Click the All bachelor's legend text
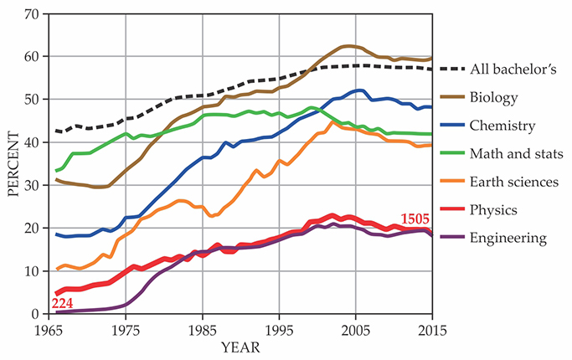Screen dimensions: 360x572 point(523,69)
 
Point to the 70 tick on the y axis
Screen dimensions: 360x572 point(32,15)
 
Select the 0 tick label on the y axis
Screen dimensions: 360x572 point(36,314)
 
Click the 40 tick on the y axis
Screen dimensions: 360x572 point(32,143)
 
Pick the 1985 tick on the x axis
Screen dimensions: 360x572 point(202,328)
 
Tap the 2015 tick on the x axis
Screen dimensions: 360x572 point(432,328)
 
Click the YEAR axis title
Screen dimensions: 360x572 point(240,345)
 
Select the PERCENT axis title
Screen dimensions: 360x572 point(12,164)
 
